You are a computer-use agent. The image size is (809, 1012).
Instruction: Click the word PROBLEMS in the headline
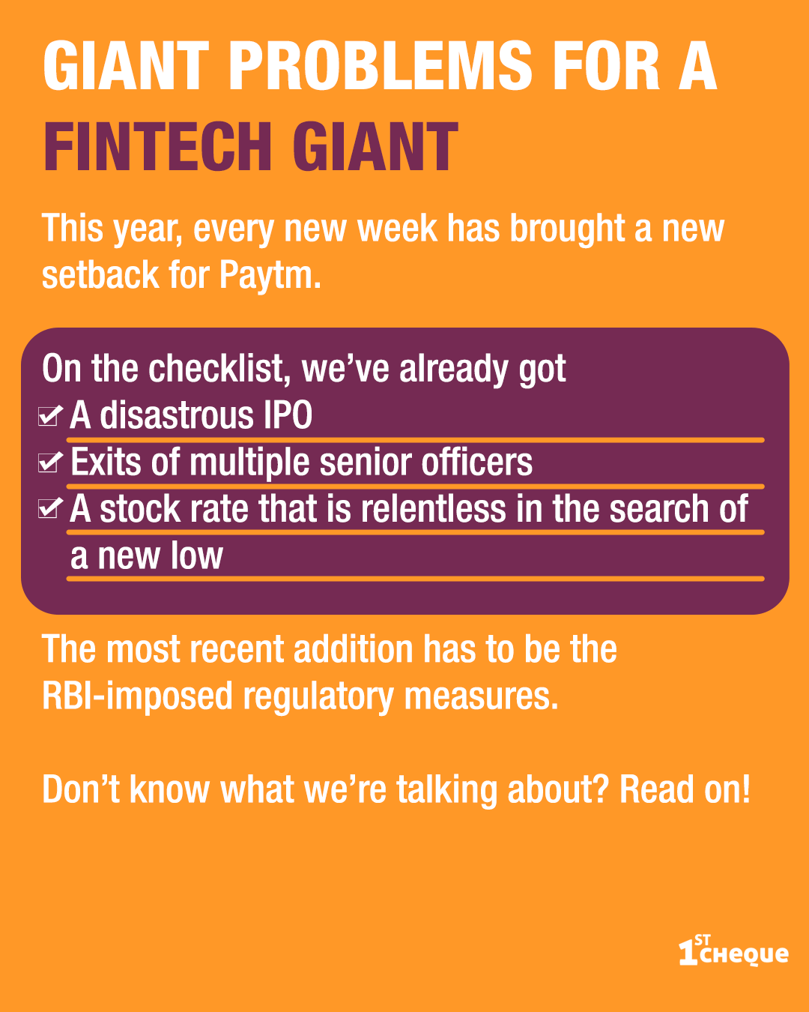pos(381,65)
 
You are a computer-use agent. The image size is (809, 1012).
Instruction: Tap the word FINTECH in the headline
pos(157,147)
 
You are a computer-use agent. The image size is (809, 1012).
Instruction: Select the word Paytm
pos(270,275)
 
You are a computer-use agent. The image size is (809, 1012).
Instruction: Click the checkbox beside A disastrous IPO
pos(50,415)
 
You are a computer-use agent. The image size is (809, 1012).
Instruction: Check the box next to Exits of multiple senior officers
pos(50,462)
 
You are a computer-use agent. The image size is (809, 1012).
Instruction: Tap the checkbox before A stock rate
pos(50,508)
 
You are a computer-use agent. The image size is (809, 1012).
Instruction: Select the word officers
pos(476,462)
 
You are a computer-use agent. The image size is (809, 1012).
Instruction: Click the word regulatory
pos(318,696)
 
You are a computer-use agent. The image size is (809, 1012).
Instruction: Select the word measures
pos(482,696)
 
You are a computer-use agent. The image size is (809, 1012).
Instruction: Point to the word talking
pos(446,790)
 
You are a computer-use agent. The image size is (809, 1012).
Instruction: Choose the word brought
pos(567,229)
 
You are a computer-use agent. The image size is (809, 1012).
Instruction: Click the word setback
pos(100,275)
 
